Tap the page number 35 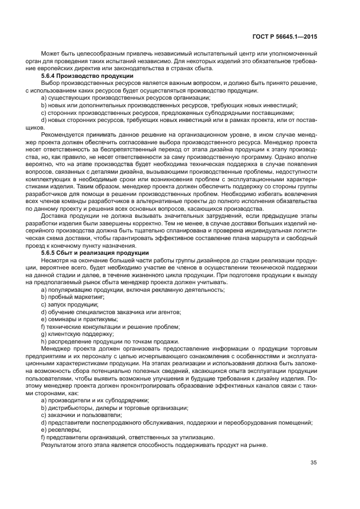(313, 463)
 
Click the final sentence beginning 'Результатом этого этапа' (154, 444)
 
